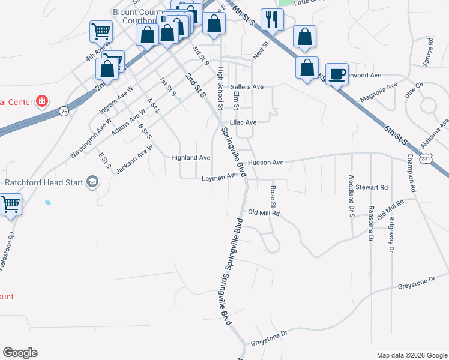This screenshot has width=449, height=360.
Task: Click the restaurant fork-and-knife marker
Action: click(272, 19)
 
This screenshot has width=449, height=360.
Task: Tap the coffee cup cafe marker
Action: click(337, 74)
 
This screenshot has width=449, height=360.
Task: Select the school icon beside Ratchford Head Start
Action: click(92, 181)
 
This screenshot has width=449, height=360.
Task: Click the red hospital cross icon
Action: click(42, 100)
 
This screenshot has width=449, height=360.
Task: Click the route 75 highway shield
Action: click(64, 111)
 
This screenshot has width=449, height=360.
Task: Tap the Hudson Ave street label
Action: click(265, 163)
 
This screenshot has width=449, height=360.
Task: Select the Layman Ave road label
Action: click(220, 178)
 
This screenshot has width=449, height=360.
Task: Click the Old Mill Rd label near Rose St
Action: click(264, 213)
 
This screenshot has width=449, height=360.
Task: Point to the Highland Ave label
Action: click(190, 158)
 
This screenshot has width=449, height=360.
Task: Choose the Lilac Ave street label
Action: click(243, 122)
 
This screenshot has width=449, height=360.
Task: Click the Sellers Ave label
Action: click(247, 87)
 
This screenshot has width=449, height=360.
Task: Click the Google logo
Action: click(20, 353)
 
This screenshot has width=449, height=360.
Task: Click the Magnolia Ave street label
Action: click(378, 92)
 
